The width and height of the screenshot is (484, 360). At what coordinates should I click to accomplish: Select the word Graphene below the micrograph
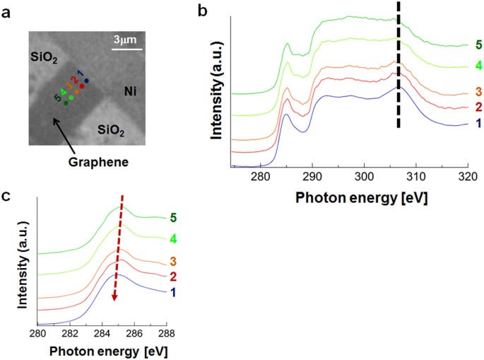98,161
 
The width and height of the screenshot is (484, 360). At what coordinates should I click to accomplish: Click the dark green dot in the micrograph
66,103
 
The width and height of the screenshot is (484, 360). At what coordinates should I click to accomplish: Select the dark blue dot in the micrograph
87,81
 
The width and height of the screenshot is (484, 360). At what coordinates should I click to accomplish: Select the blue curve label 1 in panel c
173,291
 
